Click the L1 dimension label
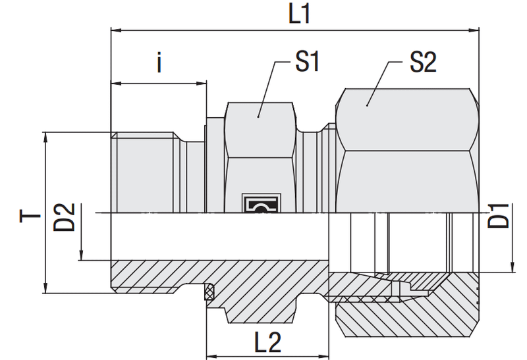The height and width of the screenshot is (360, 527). click(299, 14)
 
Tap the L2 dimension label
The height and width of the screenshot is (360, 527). click(267, 342)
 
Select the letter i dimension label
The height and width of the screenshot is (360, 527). click(159, 63)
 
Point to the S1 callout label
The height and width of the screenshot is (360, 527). click(307, 61)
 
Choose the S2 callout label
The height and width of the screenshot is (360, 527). click(423, 62)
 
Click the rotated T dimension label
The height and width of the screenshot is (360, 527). click(30, 216)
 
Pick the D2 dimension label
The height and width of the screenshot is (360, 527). click(64, 217)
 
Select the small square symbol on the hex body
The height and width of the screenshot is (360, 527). click(261, 203)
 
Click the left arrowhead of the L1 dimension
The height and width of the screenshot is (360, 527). click(116, 30)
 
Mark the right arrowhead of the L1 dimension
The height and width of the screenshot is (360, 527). click(474, 30)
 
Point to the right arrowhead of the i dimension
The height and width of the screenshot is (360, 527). click(201, 83)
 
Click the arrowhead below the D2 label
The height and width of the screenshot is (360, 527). click(81, 255)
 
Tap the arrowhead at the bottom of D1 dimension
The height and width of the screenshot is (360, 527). click(513, 267)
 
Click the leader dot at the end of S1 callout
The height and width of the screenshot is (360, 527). click(258, 116)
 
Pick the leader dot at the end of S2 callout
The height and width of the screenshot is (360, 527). click(368, 105)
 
